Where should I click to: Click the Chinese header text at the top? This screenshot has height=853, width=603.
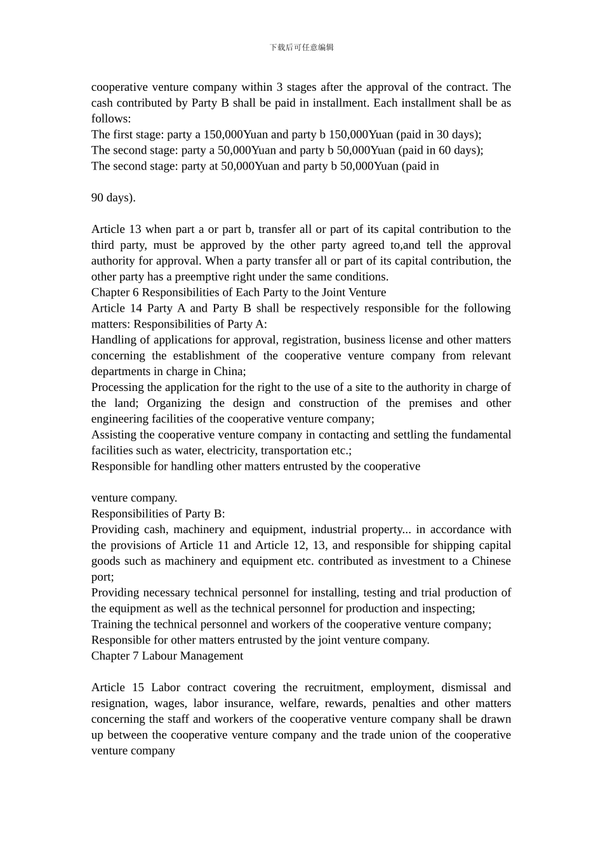point(301,48)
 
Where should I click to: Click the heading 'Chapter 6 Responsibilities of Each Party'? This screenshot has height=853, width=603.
point(238,293)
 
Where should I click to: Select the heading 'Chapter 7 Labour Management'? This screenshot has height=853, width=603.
point(167,656)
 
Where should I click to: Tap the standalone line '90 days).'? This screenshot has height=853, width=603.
point(113,198)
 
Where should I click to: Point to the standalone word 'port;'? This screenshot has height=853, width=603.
point(103,577)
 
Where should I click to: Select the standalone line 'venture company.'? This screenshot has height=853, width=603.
point(134,498)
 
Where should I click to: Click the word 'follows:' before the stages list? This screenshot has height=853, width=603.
point(111,119)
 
